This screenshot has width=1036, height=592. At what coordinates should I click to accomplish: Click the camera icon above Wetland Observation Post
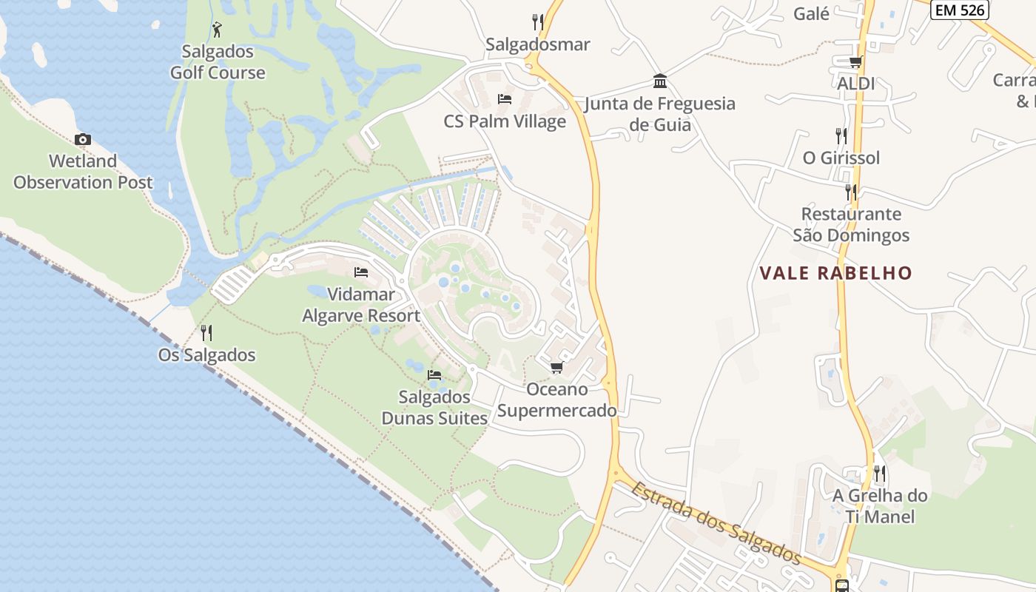coord(83,139)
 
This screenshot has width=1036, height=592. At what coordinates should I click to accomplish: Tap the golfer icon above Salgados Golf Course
coord(217,30)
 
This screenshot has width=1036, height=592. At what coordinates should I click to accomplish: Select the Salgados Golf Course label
coord(218,62)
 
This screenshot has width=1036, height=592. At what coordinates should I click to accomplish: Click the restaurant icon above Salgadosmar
coord(538,22)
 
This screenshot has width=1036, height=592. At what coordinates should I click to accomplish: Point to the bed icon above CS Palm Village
coord(505,99)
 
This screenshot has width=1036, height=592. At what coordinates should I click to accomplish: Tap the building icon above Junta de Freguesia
coord(659,81)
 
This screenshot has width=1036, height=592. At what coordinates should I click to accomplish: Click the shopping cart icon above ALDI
coord(855,61)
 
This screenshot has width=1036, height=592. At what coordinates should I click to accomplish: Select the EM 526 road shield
coord(961,10)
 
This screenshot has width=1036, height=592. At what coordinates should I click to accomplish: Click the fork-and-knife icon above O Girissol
coord(841,135)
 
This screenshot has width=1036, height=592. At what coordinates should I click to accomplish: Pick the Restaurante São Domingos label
coord(851,225)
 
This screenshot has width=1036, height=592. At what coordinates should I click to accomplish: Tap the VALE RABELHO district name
coord(836,273)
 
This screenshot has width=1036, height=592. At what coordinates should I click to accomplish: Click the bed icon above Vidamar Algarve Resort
coord(361,272)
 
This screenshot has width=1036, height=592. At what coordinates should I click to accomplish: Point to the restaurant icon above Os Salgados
coord(206,333)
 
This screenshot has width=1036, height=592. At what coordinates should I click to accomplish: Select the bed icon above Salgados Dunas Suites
coord(434,375)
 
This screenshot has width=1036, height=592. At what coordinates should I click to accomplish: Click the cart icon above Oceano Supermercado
coord(556,368)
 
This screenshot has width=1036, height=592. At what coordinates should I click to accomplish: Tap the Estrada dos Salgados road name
coord(716,522)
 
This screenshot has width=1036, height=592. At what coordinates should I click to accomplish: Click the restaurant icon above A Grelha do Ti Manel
coord(880,473)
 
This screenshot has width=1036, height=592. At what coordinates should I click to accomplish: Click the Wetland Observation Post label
coord(83,172)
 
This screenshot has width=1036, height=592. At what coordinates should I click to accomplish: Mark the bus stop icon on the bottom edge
coord(842,586)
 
